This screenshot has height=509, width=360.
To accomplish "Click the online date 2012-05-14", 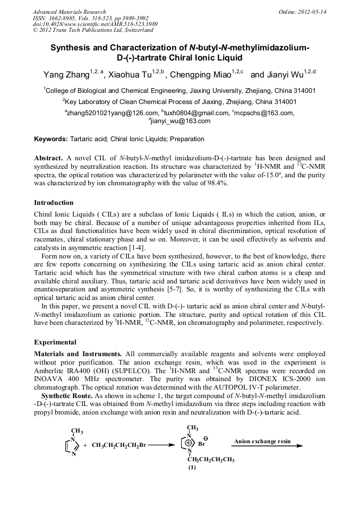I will tap(311, 12).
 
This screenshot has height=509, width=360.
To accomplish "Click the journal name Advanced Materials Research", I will tap(69, 12).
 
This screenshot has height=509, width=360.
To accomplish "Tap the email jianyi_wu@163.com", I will tap(181, 121).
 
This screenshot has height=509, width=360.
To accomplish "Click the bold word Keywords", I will tap(50, 139).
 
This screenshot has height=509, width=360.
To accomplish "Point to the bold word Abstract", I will tap(49, 158).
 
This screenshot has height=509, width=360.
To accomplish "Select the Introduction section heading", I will tap(54, 202).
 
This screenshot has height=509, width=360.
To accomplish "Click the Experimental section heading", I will tap(55, 342).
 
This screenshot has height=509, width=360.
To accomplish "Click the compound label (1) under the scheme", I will tap(192, 468).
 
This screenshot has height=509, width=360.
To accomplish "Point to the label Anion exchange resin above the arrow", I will tap(262, 441).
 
